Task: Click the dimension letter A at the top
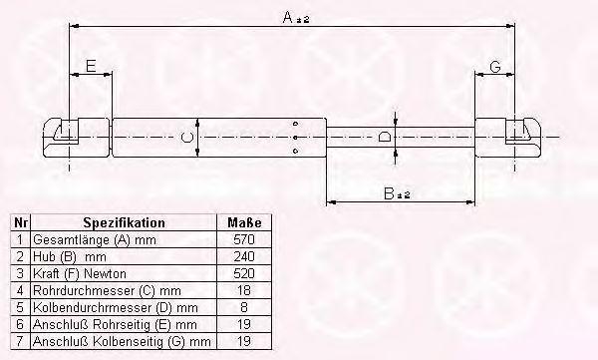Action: tap(288, 17)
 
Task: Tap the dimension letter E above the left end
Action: tap(91, 66)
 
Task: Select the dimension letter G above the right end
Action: tap(495, 67)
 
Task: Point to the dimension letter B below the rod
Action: tap(389, 193)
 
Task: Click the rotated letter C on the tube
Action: tap(187, 137)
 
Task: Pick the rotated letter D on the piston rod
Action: tap(384, 137)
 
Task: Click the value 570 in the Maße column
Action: tap(244, 239)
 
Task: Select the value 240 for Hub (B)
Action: tap(244, 256)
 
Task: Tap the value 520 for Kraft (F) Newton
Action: tap(244, 273)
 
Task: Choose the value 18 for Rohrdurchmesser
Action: tap(244, 290)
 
